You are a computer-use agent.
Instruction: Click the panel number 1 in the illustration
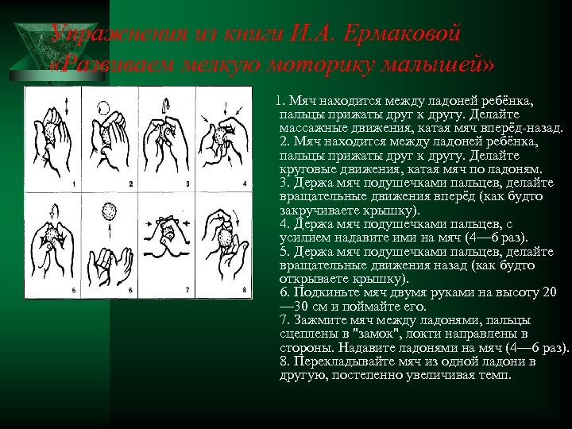pos(73,184)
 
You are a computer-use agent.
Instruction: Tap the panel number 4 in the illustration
pos(245,184)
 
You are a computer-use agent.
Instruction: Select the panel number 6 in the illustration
pos(130,290)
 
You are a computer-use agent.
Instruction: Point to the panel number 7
pos(187,289)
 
